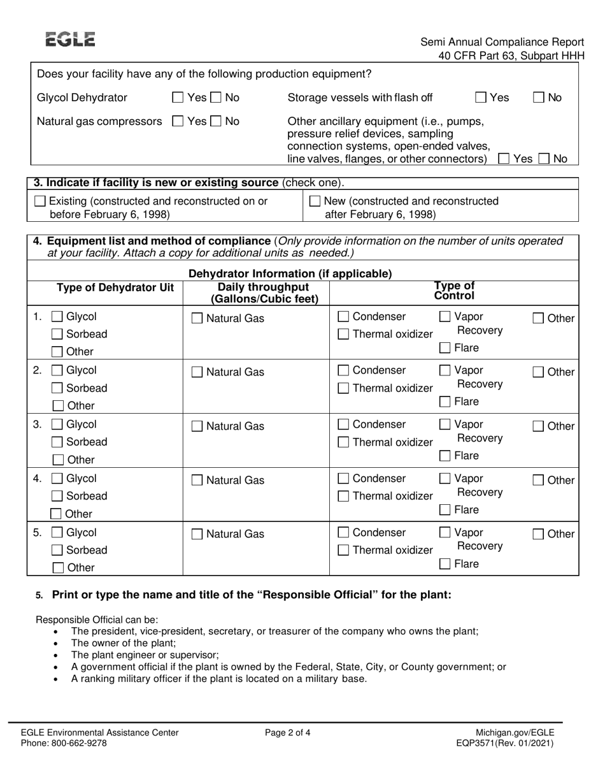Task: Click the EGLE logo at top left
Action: click(71, 40)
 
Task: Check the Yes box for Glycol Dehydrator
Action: click(178, 98)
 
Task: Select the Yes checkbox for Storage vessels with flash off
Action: click(481, 98)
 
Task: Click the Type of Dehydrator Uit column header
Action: click(115, 288)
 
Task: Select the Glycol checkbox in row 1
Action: click(57, 317)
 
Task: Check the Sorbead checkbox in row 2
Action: click(57, 388)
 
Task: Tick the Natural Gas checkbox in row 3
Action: click(198, 426)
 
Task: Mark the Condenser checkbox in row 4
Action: click(343, 479)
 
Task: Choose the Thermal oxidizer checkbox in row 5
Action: click(343, 550)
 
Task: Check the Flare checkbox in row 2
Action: click(445, 402)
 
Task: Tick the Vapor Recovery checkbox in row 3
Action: click(445, 425)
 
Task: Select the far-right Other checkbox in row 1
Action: click(538, 319)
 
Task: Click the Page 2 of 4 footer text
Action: click(288, 732)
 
